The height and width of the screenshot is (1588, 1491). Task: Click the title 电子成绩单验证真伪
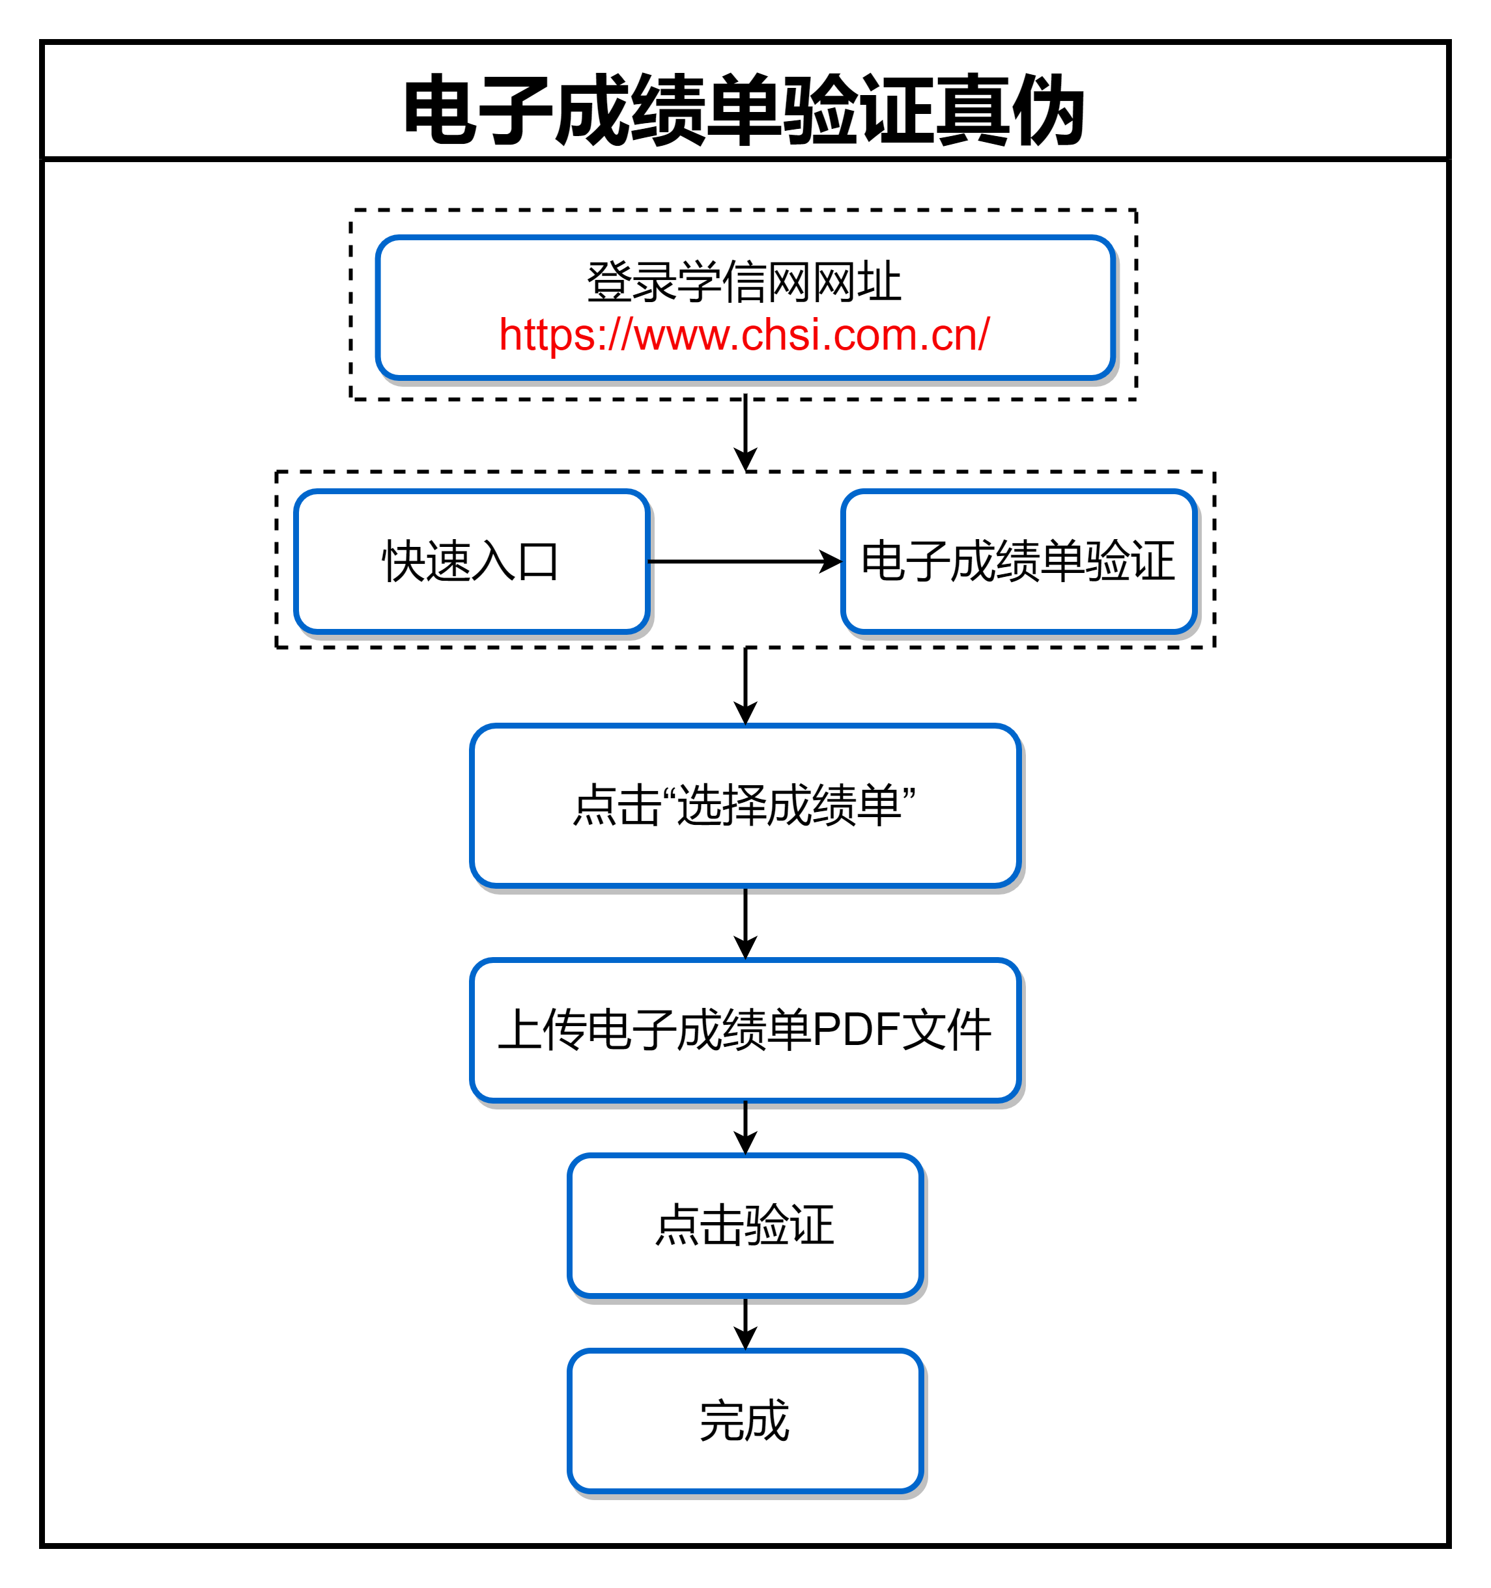744,109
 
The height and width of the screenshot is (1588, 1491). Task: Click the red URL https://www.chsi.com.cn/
744,335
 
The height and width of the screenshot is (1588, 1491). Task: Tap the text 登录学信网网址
744,282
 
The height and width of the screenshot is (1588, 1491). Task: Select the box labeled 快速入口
472,561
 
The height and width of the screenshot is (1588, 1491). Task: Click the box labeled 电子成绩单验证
1019,561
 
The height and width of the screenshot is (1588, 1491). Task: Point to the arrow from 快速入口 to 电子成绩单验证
745,561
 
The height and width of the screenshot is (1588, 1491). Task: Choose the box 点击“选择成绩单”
745,805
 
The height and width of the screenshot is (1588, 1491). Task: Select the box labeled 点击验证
745,1225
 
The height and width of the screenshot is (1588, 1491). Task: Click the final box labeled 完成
745,1421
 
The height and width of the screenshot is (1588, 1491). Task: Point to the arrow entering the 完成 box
745,1324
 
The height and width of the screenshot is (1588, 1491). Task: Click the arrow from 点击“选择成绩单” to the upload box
745,923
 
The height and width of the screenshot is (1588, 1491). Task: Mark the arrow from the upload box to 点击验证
745,1128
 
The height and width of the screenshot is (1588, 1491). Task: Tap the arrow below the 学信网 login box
745,432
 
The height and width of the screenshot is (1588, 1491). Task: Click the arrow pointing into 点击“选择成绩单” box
745,686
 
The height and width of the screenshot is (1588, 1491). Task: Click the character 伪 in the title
1047,109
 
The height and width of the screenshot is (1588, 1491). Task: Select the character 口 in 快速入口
538,561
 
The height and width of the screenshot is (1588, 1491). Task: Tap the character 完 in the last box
722,1421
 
